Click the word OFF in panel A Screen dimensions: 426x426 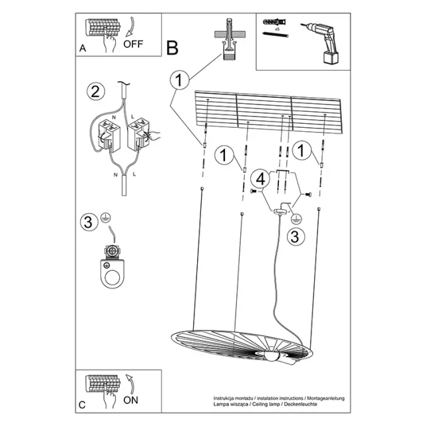click(x=133, y=44)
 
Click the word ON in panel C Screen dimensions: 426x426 click(x=130, y=400)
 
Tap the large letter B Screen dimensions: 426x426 click(x=172, y=48)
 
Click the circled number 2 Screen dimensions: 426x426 click(x=96, y=91)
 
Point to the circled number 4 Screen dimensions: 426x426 click(x=260, y=179)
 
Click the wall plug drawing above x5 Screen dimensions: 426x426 click(x=275, y=22)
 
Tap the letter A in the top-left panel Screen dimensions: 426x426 click(x=83, y=49)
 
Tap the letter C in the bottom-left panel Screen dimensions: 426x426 click(x=82, y=405)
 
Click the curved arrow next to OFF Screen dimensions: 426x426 click(x=130, y=27)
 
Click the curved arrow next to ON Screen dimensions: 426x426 click(x=130, y=383)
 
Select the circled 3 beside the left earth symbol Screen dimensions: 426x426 click(x=89, y=222)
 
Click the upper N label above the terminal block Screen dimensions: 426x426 click(x=114, y=117)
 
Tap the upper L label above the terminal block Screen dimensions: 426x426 click(x=132, y=117)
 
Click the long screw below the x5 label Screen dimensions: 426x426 click(x=275, y=35)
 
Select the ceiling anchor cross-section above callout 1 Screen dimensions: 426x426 click(x=230, y=39)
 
